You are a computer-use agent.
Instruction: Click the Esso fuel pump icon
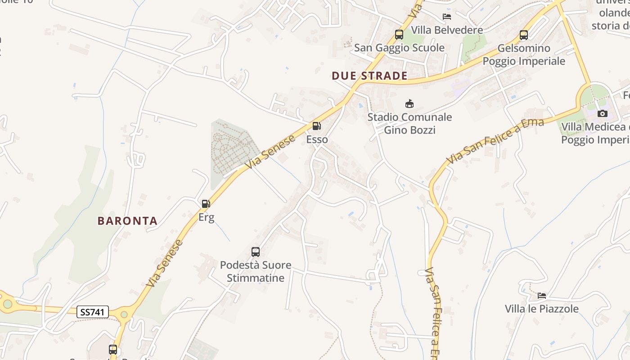point(317,126)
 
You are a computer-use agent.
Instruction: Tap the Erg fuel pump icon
point(206,204)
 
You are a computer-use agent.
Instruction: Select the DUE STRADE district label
point(369,76)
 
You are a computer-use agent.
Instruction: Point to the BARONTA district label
point(128,221)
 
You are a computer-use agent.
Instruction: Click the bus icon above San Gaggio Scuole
point(399,35)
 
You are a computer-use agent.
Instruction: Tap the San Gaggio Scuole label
point(399,48)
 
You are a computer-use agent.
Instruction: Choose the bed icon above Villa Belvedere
point(447,17)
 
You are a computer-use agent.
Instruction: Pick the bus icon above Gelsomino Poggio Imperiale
point(523,35)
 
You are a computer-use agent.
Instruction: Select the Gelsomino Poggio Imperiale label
point(524,54)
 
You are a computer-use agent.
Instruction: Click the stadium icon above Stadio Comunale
point(409,104)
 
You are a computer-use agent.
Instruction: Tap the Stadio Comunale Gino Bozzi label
point(409,124)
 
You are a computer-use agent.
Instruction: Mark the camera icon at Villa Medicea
point(602,113)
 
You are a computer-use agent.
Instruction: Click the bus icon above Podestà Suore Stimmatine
point(256,252)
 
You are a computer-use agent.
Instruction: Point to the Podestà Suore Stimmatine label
point(256,271)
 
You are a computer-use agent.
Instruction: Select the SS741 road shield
point(93,312)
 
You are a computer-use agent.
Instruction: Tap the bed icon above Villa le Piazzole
point(542,296)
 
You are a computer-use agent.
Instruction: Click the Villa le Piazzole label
point(541,309)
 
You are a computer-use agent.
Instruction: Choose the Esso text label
point(317,139)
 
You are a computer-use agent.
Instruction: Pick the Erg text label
point(206,217)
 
